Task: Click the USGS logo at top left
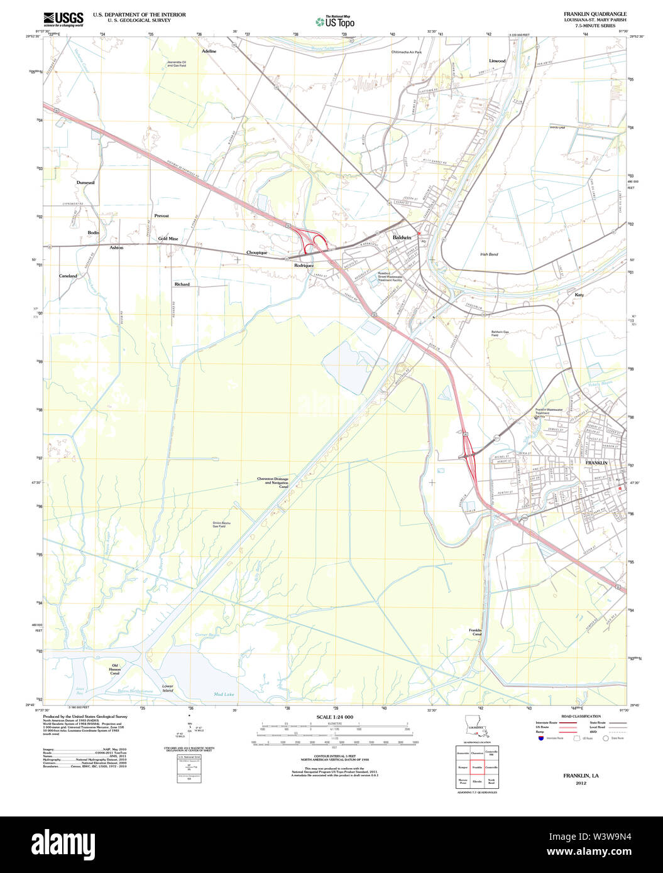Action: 63,18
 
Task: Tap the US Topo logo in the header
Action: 336,21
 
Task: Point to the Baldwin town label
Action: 402,237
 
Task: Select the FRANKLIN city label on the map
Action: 596,462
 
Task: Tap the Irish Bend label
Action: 488,254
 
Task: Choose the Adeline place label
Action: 209,51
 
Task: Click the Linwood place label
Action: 497,61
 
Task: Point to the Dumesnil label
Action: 85,182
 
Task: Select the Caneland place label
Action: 68,276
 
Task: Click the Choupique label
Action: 256,252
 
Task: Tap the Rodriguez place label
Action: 304,266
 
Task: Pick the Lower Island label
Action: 167,688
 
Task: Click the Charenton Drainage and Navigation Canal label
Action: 272,482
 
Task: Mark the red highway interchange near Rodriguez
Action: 312,241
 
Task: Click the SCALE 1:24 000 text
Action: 334,717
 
